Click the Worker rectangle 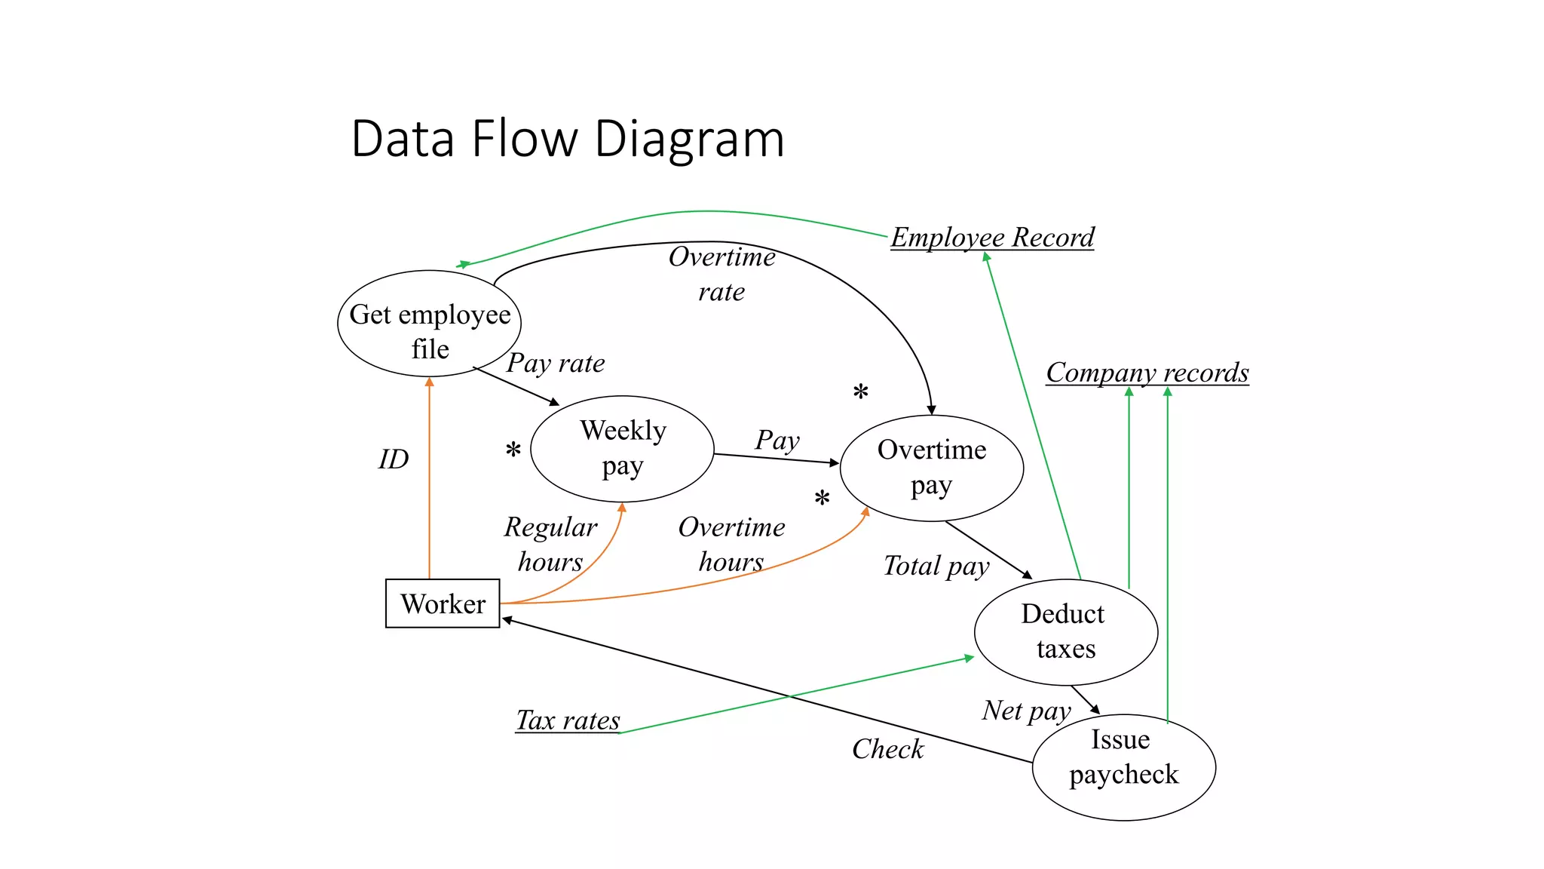[x=443, y=603]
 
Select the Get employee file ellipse [x=429, y=324]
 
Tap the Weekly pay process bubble [x=622, y=449]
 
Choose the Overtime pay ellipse [x=931, y=468]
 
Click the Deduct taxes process [x=1065, y=632]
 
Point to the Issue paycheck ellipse [x=1123, y=766]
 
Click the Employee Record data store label [x=992, y=238]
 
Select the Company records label [x=1147, y=373]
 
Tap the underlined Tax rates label [x=568, y=720]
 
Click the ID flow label [x=394, y=459]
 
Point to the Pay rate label [x=556, y=363]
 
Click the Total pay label [x=936, y=566]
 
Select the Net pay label [x=1026, y=711]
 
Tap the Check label [x=887, y=749]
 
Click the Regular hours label [x=550, y=544]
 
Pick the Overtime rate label [x=721, y=274]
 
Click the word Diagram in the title [x=689, y=139]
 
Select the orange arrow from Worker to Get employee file [x=430, y=483]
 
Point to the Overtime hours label [x=731, y=544]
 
